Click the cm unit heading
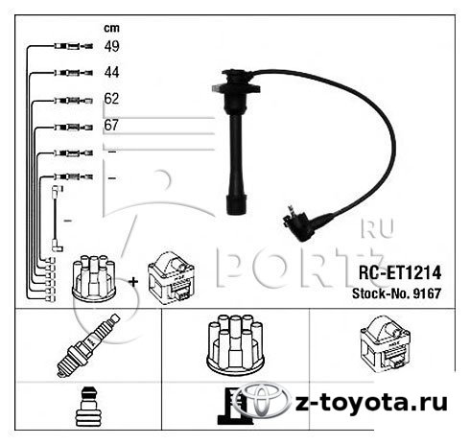(x=111, y=29)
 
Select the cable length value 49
(x=111, y=46)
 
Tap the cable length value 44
(x=111, y=73)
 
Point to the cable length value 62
(x=111, y=99)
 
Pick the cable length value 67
(x=111, y=125)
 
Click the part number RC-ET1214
(x=400, y=272)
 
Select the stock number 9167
(x=427, y=293)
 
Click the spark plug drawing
(x=88, y=345)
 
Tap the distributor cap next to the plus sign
(x=93, y=278)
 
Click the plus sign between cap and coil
(x=133, y=282)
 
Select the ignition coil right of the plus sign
(x=172, y=277)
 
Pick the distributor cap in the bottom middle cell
(x=236, y=343)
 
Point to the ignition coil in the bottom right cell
(x=386, y=343)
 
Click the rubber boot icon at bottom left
(x=88, y=406)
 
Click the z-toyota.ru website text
(x=371, y=403)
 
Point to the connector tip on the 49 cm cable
(x=87, y=47)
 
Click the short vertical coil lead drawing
(x=57, y=219)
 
